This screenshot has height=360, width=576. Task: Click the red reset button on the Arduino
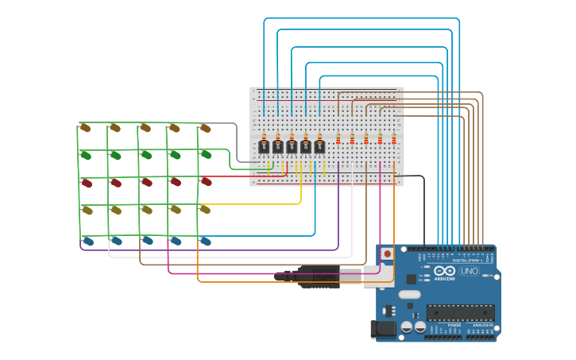pos(387,254)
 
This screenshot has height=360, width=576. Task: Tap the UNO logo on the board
pos(470,271)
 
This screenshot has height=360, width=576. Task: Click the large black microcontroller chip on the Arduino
pos(460,312)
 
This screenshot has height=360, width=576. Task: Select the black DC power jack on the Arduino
pos(384,328)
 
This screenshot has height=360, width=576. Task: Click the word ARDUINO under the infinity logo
pos(445,279)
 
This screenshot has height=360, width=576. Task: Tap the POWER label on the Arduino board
pos(454,325)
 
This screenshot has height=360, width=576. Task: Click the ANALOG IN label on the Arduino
pos(482,325)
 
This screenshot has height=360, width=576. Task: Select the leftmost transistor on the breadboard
pos(264,146)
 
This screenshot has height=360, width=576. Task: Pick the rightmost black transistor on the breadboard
pos(319,146)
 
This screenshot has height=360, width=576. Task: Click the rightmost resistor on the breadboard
pos(394,139)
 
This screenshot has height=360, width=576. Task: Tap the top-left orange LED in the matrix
pos(86,128)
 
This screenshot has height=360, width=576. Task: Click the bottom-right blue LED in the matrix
pos(205,241)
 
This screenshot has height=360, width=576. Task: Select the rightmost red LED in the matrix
pos(206,182)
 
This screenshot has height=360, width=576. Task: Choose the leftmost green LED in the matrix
pos(86,155)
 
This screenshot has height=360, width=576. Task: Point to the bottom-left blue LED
pos(87,241)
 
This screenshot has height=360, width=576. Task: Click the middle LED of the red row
pos(146,182)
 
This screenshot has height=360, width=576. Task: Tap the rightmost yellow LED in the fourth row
pos(205,210)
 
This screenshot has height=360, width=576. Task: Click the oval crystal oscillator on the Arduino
pos(410,294)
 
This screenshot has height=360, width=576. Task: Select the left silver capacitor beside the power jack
pos(407,327)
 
